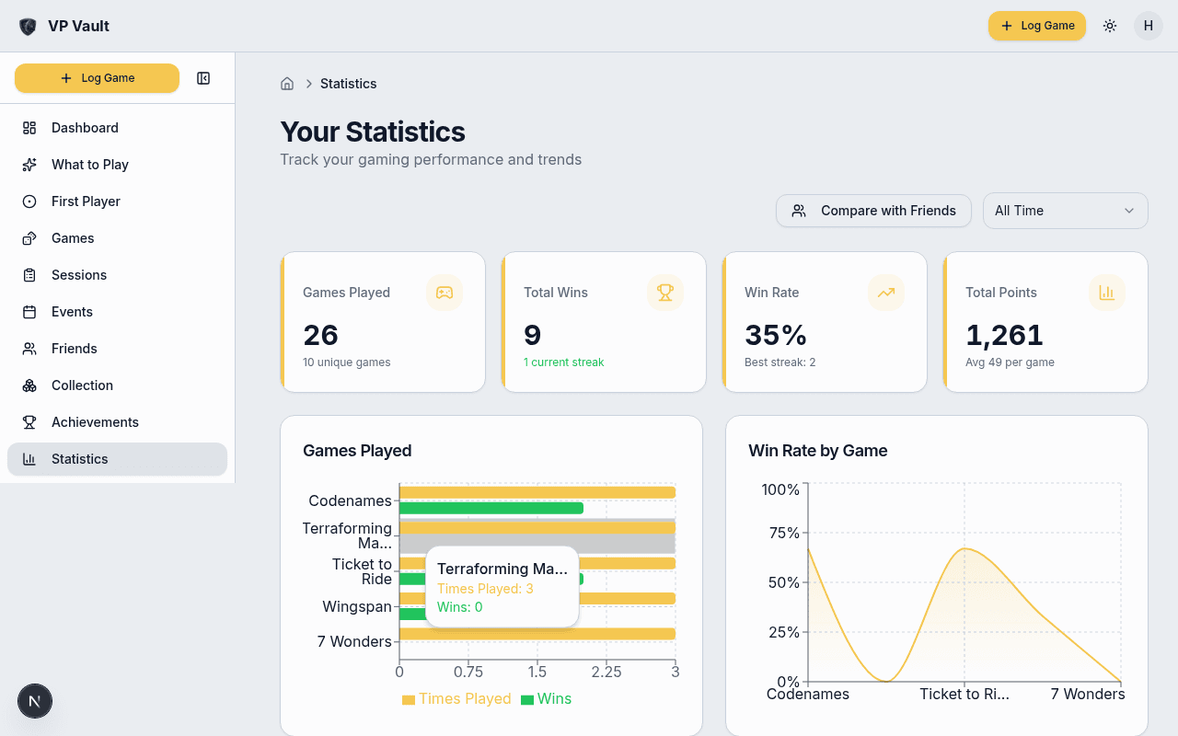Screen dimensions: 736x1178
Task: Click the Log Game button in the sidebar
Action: pyautogui.click(x=97, y=78)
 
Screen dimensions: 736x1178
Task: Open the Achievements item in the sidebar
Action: pyautogui.click(x=95, y=422)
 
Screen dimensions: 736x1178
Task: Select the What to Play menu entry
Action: pyautogui.click(x=89, y=165)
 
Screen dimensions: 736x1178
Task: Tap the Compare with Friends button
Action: pyautogui.click(x=873, y=211)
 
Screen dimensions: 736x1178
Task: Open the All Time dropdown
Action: pyautogui.click(x=1065, y=211)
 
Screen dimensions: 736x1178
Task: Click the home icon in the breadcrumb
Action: pyautogui.click(x=287, y=84)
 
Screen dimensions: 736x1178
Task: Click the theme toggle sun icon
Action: pyautogui.click(x=1110, y=26)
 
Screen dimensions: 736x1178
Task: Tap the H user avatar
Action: pyautogui.click(x=1148, y=26)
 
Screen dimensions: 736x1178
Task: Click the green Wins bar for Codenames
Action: pyautogui.click(x=491, y=508)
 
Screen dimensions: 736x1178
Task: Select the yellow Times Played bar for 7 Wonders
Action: pyautogui.click(x=537, y=634)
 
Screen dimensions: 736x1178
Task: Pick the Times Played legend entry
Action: pyautogui.click(x=456, y=699)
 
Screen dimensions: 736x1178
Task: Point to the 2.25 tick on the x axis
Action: pyautogui.click(x=606, y=672)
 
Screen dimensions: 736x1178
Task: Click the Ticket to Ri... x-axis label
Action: pyautogui.click(x=964, y=694)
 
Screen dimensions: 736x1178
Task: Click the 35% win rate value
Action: pyautogui.click(x=775, y=335)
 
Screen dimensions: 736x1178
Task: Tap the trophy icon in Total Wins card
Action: pyautogui.click(x=664, y=293)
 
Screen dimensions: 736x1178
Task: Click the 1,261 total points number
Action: pyautogui.click(x=1004, y=335)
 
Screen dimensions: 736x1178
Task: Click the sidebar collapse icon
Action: pyautogui.click(x=203, y=78)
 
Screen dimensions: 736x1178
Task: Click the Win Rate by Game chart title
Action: pyautogui.click(x=817, y=451)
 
